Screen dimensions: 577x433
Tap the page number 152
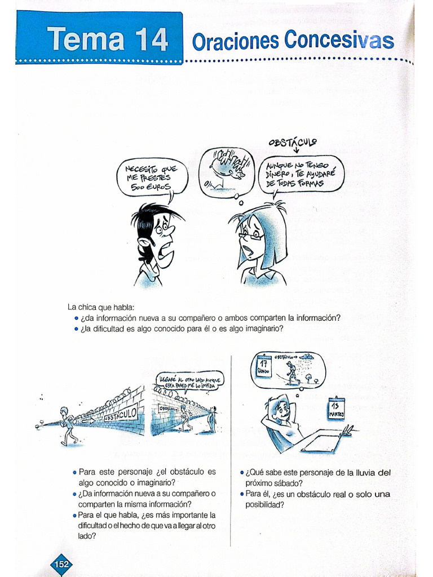pos(60,564)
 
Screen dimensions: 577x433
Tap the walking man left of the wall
pos(68,425)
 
